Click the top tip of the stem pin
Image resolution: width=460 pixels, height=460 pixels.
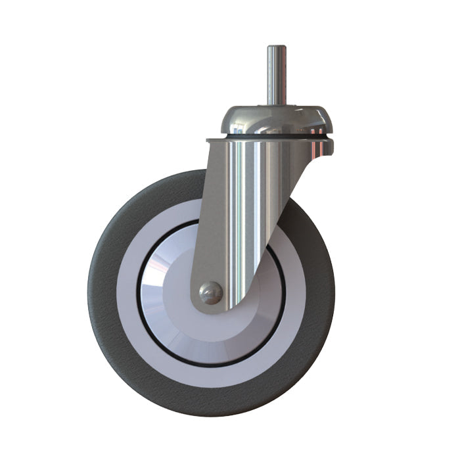pyautogui.click(x=276, y=47)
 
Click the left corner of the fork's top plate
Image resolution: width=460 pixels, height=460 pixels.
pyautogui.click(x=208, y=141)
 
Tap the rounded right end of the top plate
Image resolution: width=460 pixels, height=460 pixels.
pyautogui.click(x=331, y=146)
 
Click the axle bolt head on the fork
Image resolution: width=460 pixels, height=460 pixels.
pyautogui.click(x=211, y=293)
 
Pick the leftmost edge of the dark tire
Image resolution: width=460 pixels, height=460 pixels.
pyautogui.click(x=89, y=292)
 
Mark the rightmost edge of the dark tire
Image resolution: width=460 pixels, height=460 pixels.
pyautogui.click(x=334, y=292)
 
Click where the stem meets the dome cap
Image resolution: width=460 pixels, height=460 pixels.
pyautogui.click(x=276, y=104)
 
